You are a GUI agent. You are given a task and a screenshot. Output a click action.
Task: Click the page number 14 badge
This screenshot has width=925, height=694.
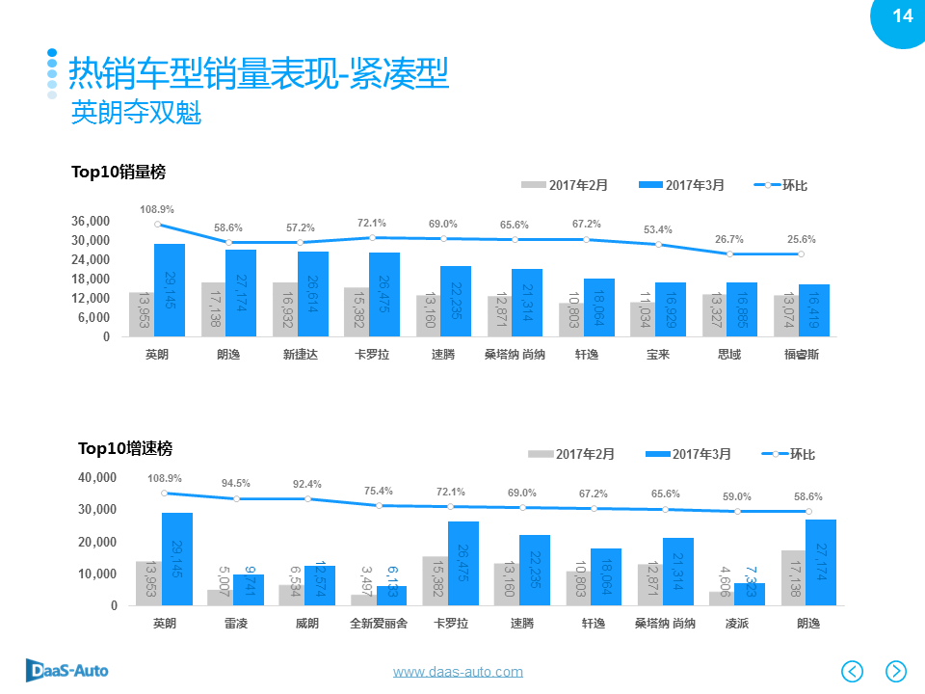[902, 16]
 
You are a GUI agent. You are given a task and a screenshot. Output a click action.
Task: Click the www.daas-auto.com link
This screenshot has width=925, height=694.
[458, 672]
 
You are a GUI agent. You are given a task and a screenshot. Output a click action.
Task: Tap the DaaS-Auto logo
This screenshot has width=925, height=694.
[66, 670]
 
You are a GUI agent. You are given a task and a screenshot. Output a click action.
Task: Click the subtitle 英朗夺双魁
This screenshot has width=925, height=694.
[136, 114]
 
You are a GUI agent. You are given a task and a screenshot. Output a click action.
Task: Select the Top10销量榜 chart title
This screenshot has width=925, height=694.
[119, 172]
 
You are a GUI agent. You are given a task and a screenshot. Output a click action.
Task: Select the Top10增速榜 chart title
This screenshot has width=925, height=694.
[125, 448]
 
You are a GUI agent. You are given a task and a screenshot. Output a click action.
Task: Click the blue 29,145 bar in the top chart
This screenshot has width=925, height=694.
[170, 290]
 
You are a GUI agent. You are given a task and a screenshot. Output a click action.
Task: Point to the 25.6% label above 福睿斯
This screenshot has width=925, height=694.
[801, 239]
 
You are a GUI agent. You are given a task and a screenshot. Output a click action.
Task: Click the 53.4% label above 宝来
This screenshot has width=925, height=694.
[658, 229]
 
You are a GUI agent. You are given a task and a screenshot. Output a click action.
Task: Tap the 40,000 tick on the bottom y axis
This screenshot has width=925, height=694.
[97, 477]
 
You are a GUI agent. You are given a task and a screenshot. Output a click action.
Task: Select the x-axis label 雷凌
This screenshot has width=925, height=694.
[236, 624]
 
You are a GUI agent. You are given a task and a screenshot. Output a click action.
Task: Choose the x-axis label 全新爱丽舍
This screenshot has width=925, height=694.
[379, 624]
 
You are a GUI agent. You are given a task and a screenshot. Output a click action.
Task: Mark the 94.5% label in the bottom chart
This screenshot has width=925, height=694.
[236, 483]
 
